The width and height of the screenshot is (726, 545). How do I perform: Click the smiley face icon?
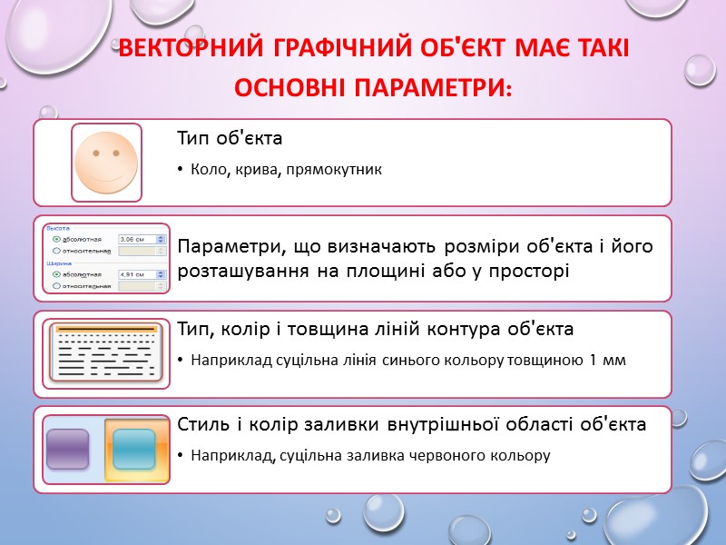tap(106, 162)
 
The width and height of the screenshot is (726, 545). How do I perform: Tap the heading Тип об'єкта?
tap(230, 139)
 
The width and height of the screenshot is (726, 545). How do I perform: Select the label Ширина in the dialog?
tap(58, 263)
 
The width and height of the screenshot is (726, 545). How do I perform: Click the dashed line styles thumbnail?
tap(106, 352)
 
